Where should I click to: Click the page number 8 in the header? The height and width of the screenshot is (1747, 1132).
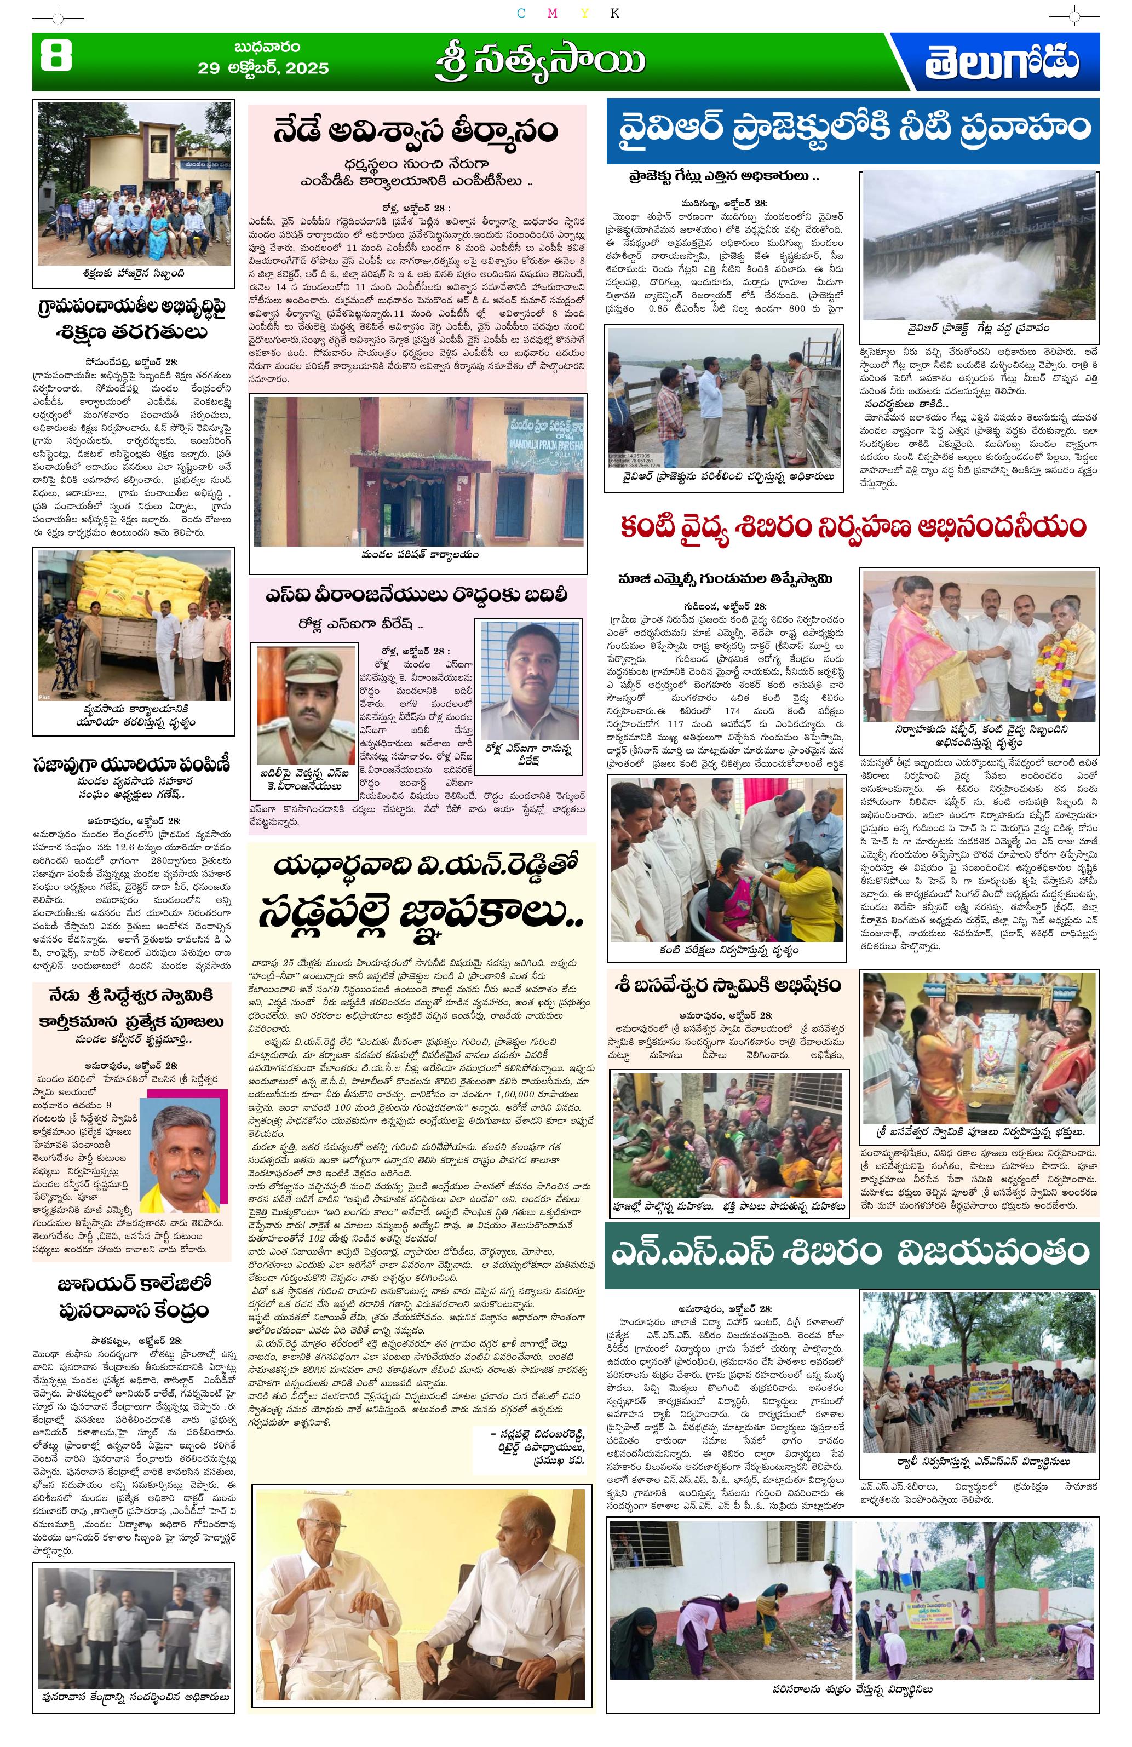(56, 56)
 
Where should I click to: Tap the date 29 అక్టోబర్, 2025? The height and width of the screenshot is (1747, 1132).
(263, 67)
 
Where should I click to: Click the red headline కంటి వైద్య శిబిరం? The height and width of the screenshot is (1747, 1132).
(852, 527)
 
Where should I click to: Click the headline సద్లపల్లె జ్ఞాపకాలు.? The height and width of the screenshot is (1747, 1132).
(421, 915)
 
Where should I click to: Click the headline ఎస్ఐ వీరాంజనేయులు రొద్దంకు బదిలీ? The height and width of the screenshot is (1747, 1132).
(416, 595)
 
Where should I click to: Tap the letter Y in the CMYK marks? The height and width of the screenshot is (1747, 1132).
(584, 13)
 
